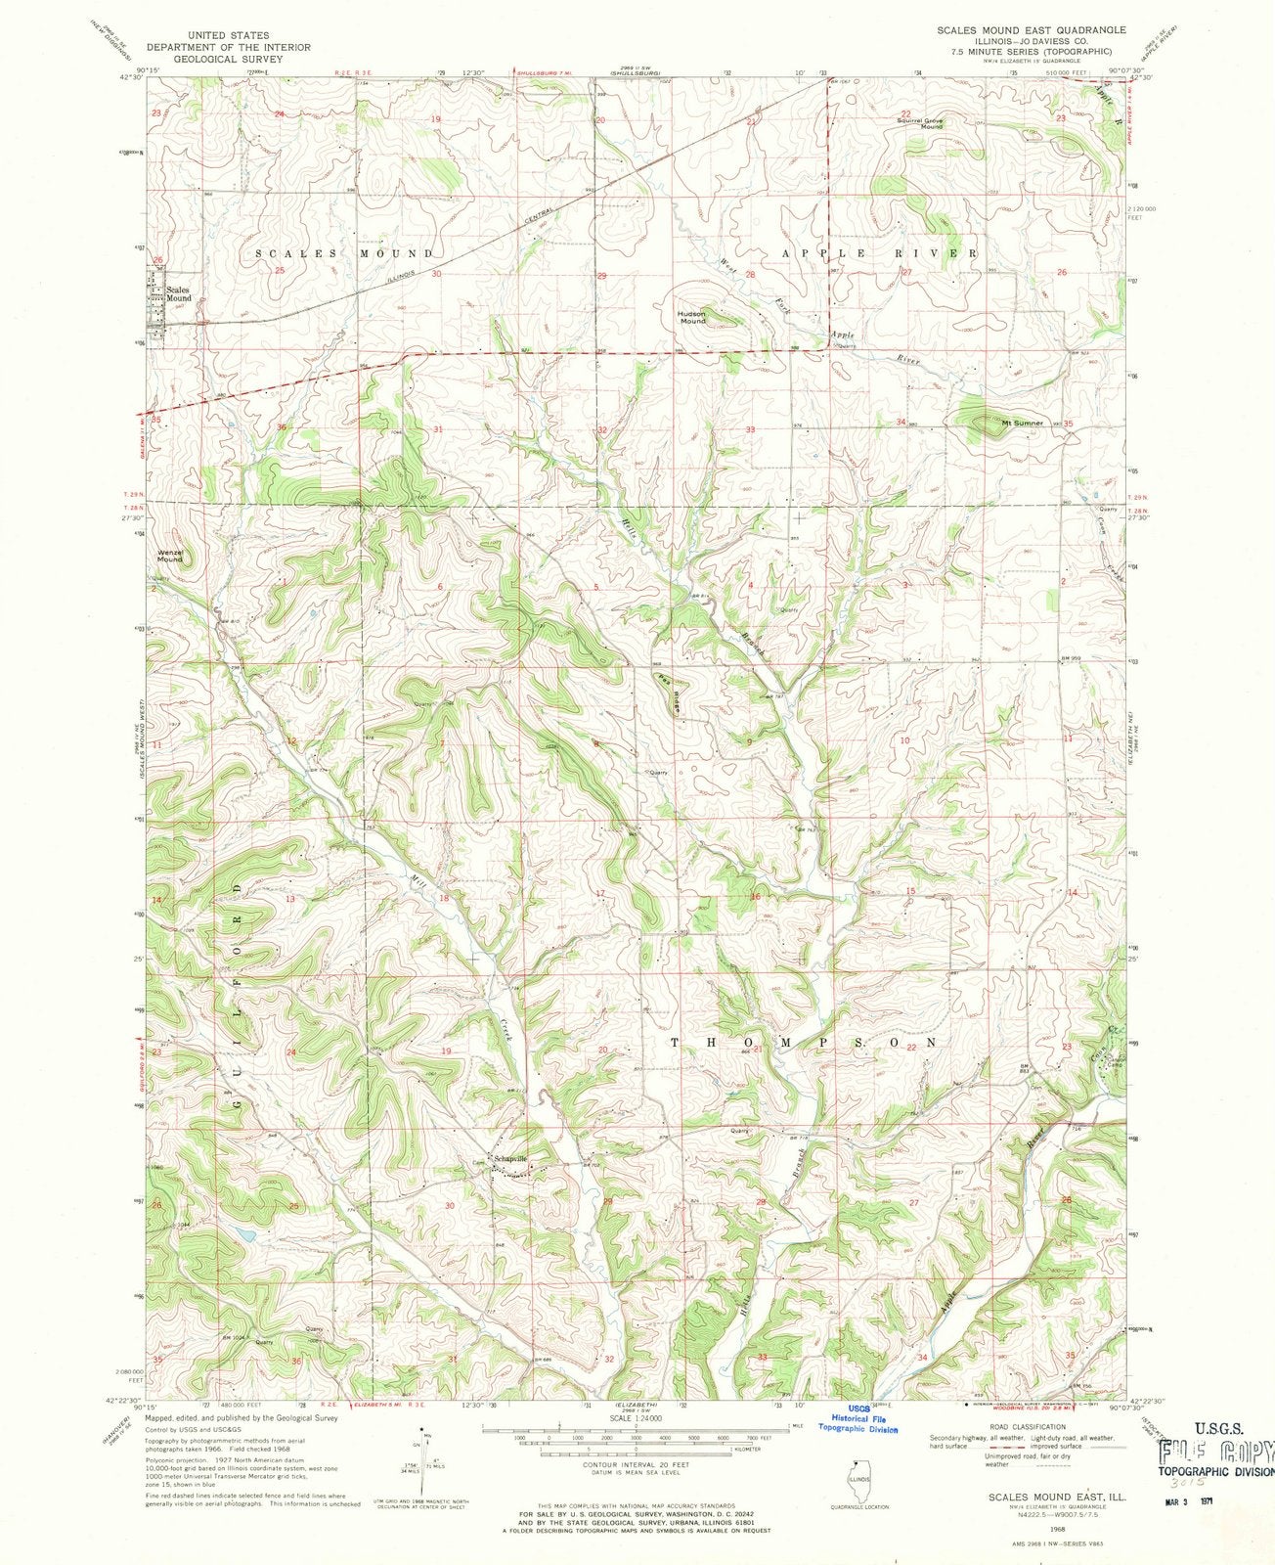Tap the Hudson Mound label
click(692, 317)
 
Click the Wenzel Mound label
click(170, 556)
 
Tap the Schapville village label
click(510, 1158)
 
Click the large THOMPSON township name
click(805, 1043)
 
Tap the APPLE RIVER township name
click(878, 253)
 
